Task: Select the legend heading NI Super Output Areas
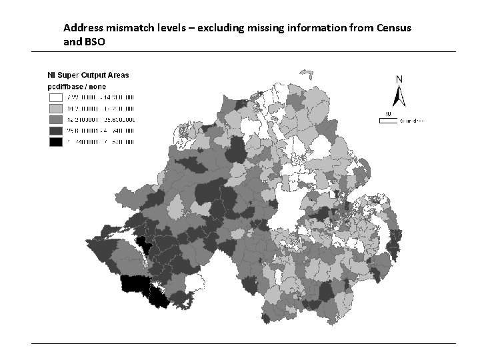86,76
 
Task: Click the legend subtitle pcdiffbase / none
76,86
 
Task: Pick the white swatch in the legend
55,97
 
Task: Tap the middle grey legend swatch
55,119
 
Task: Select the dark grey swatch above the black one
55,131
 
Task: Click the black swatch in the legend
55,142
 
